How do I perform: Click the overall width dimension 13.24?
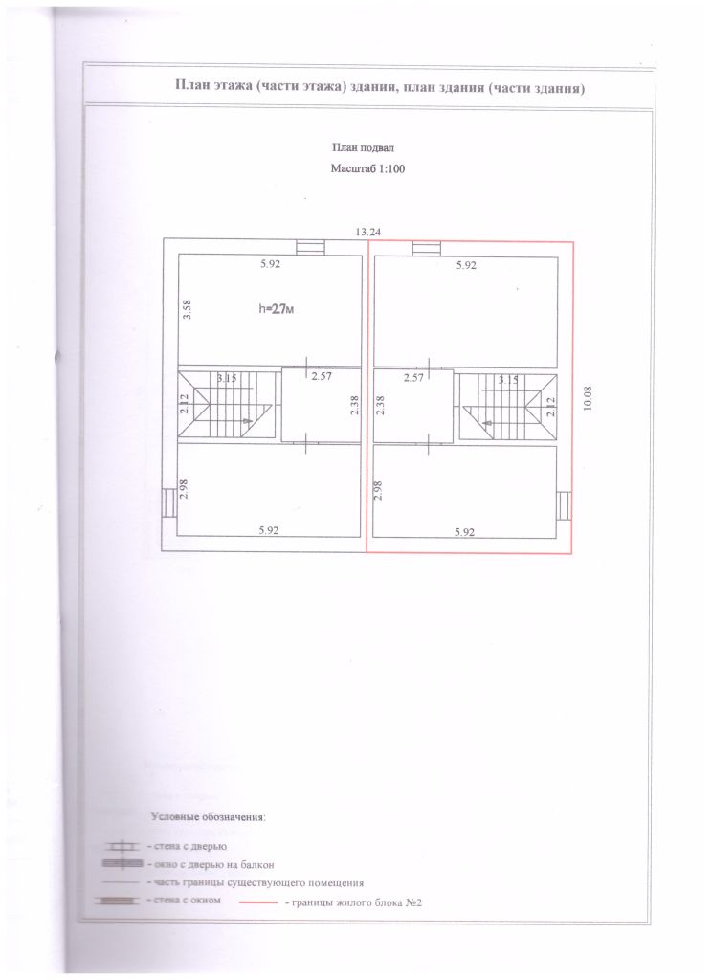click(x=368, y=232)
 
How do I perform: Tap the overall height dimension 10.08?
click(x=587, y=398)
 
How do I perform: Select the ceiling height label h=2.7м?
click(x=276, y=308)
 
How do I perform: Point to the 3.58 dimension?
click(x=187, y=309)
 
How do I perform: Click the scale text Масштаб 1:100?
click(x=367, y=168)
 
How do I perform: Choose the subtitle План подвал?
click(x=363, y=148)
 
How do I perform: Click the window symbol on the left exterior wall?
click(x=168, y=502)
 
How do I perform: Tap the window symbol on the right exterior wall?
click(x=565, y=506)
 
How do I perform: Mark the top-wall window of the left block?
click(x=311, y=248)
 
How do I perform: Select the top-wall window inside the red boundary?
click(x=426, y=249)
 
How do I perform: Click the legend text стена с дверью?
click(x=187, y=846)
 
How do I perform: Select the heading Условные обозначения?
click(x=209, y=817)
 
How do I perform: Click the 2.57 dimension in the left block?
click(x=322, y=376)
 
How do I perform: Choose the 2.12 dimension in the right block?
click(x=550, y=406)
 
